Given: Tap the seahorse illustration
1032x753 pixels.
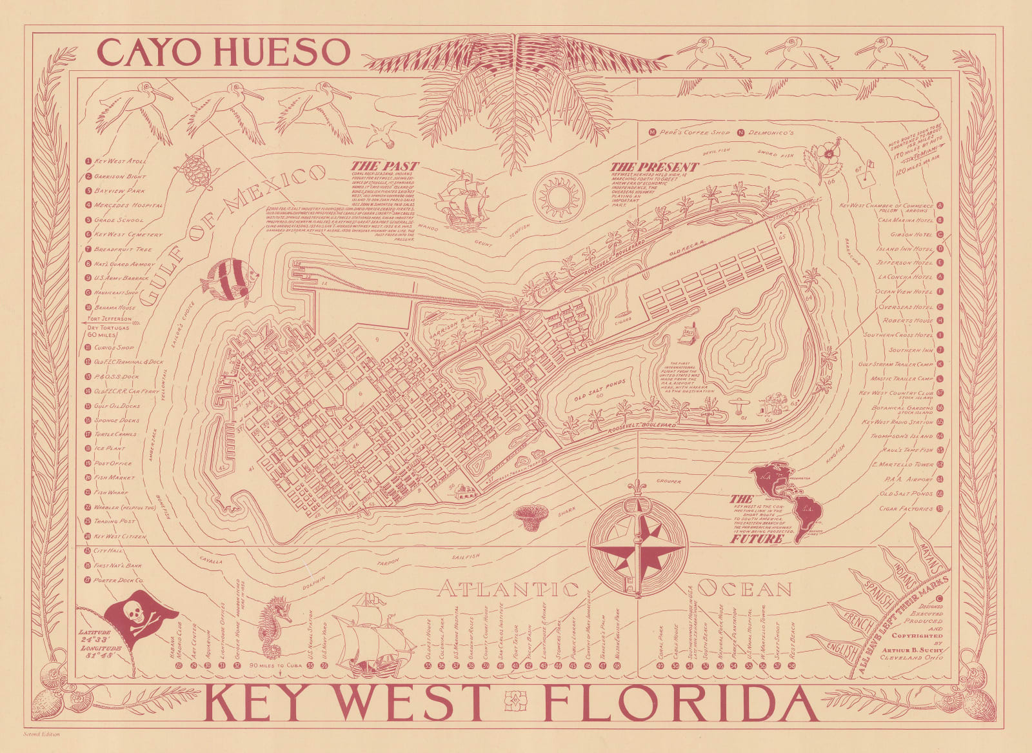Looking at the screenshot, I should (x=272, y=627).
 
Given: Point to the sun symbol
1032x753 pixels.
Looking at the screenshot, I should (x=559, y=194).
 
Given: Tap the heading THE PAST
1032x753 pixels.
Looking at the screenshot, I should (x=384, y=165).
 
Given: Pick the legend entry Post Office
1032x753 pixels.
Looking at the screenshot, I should (x=113, y=463).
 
